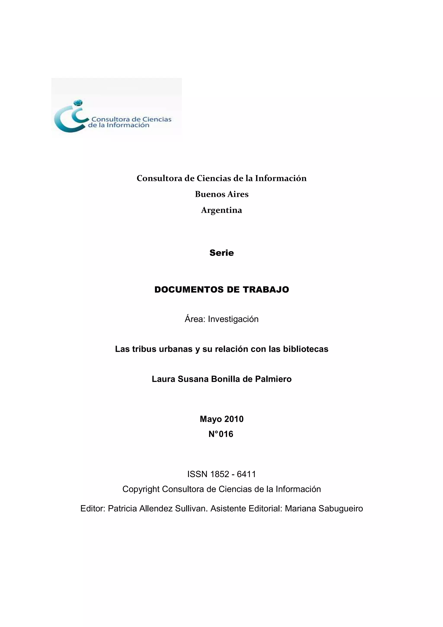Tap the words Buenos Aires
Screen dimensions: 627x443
click(222, 194)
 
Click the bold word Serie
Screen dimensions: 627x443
click(222, 253)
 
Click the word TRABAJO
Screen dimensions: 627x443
click(266, 289)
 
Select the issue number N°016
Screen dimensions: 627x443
click(221, 434)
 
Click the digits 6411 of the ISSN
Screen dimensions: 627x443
click(246, 474)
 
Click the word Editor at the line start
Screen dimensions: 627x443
click(93, 508)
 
